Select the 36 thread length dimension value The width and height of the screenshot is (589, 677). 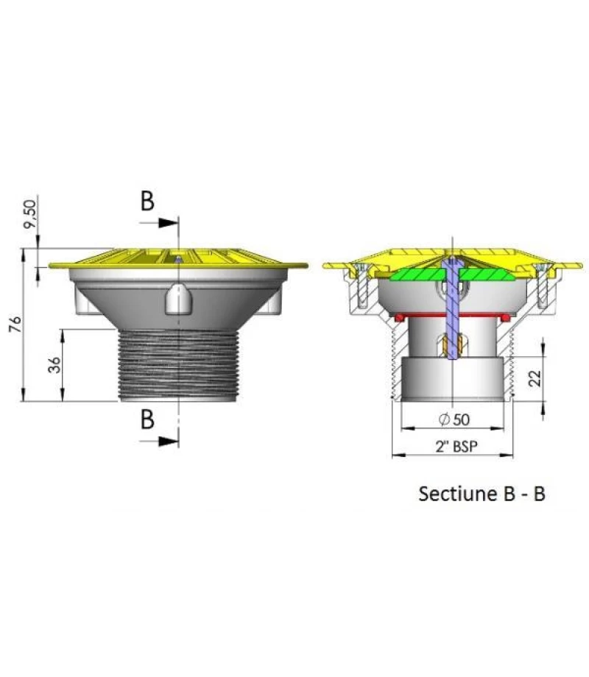click(x=55, y=364)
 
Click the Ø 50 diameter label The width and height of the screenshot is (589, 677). click(x=454, y=419)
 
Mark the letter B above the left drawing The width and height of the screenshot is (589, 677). click(x=147, y=202)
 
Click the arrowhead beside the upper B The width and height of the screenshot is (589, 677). click(x=169, y=221)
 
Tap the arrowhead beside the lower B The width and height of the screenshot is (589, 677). click(x=169, y=440)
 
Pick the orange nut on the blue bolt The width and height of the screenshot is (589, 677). click(x=451, y=343)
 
